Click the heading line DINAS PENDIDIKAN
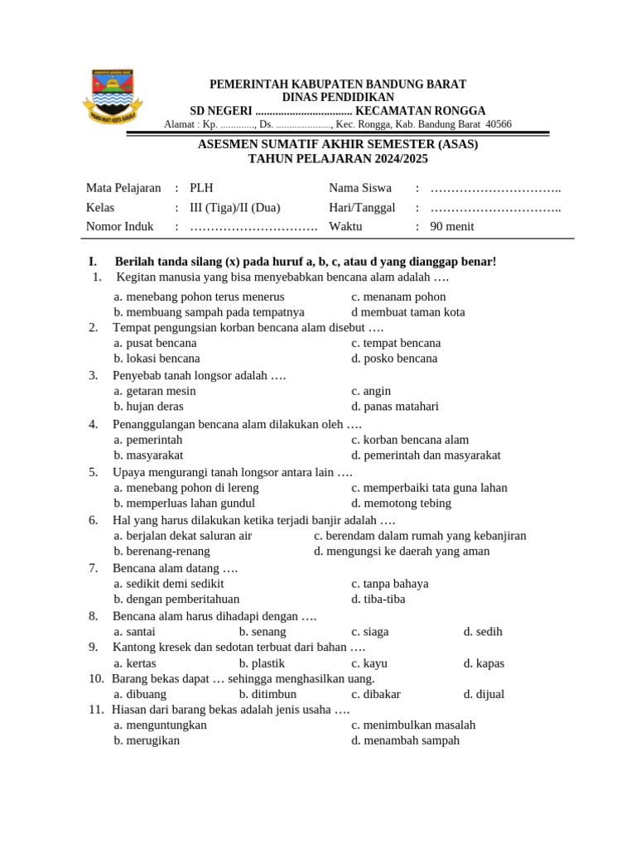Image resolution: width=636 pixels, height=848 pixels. (338, 98)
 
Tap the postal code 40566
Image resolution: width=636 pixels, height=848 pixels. (499, 124)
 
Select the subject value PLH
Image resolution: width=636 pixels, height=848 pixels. (201, 188)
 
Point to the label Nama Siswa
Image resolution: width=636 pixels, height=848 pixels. (360, 188)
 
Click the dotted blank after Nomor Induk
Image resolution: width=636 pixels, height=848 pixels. (253, 226)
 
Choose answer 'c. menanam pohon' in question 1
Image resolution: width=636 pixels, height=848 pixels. (398, 296)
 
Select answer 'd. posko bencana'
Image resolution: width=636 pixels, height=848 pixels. (394, 359)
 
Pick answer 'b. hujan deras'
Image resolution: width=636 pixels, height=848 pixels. (149, 407)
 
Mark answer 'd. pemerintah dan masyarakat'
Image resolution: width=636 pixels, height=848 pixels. (426, 455)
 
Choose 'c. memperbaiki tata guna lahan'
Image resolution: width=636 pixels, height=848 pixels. (429, 488)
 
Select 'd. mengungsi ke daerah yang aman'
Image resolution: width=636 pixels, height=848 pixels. (402, 551)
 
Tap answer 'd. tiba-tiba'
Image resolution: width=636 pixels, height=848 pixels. (378, 599)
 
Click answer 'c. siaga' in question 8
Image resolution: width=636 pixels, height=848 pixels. (369, 631)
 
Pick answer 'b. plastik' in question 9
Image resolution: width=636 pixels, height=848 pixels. (262, 663)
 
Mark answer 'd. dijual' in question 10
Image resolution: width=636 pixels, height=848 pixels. (484, 694)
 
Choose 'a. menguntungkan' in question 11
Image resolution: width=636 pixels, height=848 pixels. (161, 725)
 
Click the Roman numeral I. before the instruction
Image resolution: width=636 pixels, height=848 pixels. (93, 262)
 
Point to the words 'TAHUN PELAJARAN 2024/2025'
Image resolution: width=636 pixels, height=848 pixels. (338, 158)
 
